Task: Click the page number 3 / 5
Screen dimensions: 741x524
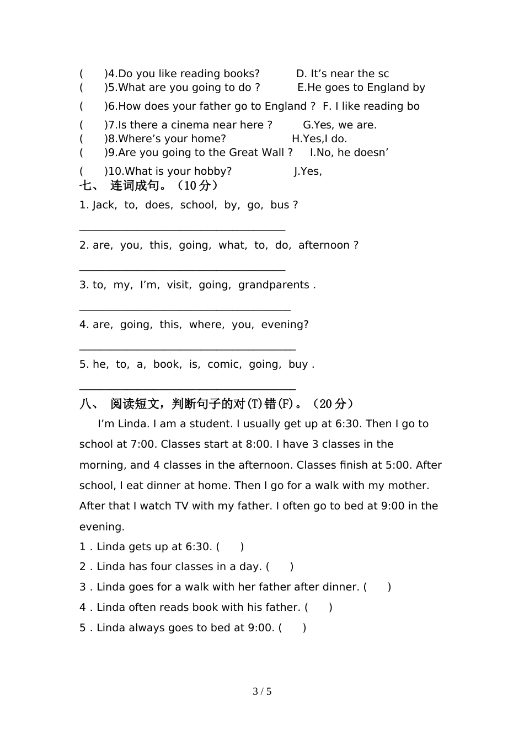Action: coord(262,691)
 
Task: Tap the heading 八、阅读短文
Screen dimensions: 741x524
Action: coord(216,404)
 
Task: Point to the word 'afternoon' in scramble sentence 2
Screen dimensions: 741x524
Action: coord(324,245)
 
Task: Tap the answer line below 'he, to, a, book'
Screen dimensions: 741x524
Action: coord(188,388)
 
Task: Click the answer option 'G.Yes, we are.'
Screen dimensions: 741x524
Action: coord(340,125)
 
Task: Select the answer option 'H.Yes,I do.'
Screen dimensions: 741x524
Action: coord(319,139)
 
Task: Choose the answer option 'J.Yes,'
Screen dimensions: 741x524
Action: coord(308,171)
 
